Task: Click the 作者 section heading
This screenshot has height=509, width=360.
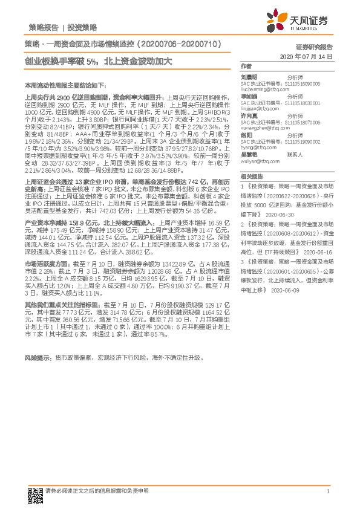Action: (x=246, y=65)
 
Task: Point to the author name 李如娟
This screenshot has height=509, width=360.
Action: (x=249, y=96)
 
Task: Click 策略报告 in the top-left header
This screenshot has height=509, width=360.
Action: (x=43, y=28)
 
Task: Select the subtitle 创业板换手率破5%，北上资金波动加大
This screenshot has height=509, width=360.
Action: (x=99, y=61)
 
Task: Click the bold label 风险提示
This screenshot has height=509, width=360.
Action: (x=38, y=358)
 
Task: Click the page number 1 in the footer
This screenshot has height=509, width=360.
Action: (x=327, y=490)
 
